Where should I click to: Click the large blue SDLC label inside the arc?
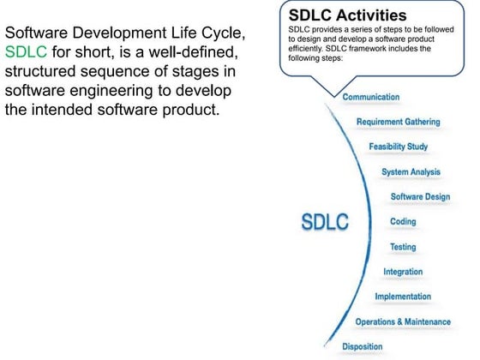325,221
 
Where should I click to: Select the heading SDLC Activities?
349,15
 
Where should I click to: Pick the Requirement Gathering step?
398,122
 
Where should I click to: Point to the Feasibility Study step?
398,147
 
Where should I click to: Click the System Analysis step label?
411,171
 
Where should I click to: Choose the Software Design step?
420,196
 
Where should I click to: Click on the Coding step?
403,221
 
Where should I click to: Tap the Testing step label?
403,247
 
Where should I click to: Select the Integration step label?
402,272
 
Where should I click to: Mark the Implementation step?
403,297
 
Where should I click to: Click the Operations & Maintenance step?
402,321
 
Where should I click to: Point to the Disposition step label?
362,346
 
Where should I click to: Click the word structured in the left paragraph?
39,71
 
